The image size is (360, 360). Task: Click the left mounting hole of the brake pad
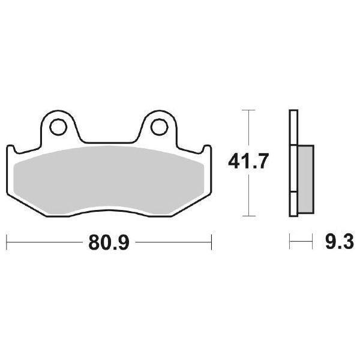[58, 127]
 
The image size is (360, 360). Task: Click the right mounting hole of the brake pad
[158, 127]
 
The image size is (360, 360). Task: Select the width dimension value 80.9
[109, 244]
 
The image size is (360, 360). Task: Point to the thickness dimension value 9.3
[340, 244]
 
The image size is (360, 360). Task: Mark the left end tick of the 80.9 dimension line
[7, 244]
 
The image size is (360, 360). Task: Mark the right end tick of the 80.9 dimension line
[211, 244]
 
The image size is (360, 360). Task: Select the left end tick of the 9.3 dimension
[290, 244]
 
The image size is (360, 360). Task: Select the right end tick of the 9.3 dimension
[313, 244]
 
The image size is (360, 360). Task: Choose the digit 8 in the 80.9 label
[95, 244]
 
